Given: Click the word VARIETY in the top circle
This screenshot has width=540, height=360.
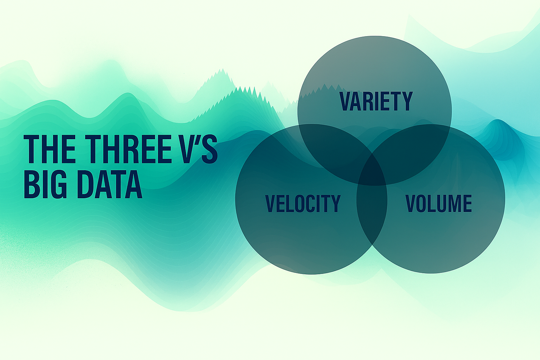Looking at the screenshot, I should (376, 101).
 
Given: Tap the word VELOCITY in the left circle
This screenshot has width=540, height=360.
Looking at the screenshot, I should (303, 203).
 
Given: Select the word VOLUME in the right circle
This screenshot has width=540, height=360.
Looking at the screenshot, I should (438, 203).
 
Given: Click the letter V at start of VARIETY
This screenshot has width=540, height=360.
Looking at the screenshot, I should (346, 101).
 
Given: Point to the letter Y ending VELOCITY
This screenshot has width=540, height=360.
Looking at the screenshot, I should (335, 203).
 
